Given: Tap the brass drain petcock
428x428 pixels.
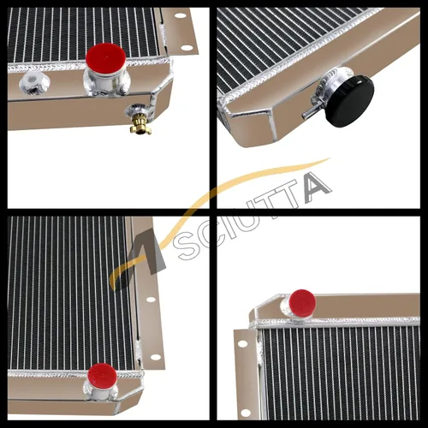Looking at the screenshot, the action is [x=140, y=123].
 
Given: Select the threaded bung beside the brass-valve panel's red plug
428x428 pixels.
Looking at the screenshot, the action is [x=34, y=82].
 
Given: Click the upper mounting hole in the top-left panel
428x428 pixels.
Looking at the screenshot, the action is [x=181, y=15].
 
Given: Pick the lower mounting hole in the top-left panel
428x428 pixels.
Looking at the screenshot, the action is [x=187, y=47].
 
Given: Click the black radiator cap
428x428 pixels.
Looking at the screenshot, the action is [x=350, y=101].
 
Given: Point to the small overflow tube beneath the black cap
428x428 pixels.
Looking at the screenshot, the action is [x=310, y=113].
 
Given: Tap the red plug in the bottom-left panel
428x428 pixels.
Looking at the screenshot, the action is [x=102, y=376].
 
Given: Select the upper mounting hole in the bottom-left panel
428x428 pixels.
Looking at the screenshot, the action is [x=151, y=300].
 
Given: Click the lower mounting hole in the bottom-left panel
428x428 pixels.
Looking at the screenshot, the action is [x=156, y=357].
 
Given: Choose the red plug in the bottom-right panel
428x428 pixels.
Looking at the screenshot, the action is [x=302, y=303].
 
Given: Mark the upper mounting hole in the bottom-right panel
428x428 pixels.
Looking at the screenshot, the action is [x=242, y=343].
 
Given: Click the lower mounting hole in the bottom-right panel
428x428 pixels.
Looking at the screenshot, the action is [x=246, y=413].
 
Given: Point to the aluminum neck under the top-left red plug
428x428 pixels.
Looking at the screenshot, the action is [x=105, y=82].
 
